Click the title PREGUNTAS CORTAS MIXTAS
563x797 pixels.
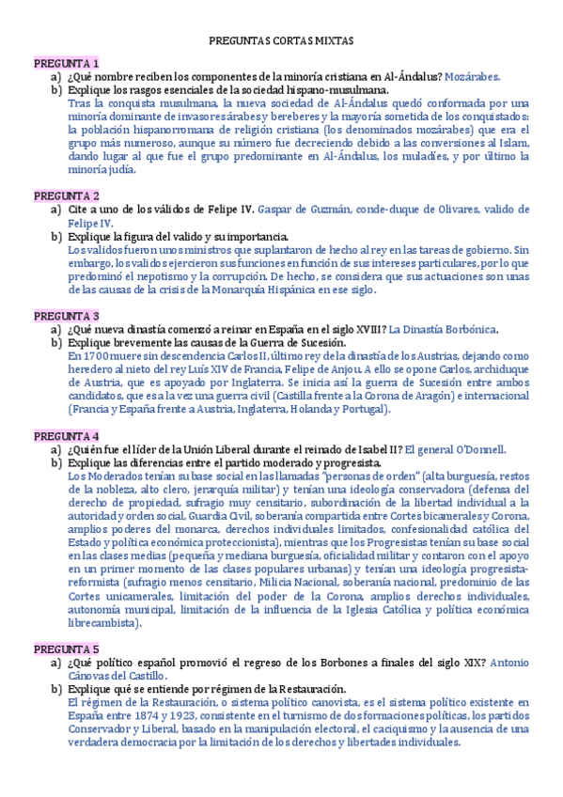click(281, 41)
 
